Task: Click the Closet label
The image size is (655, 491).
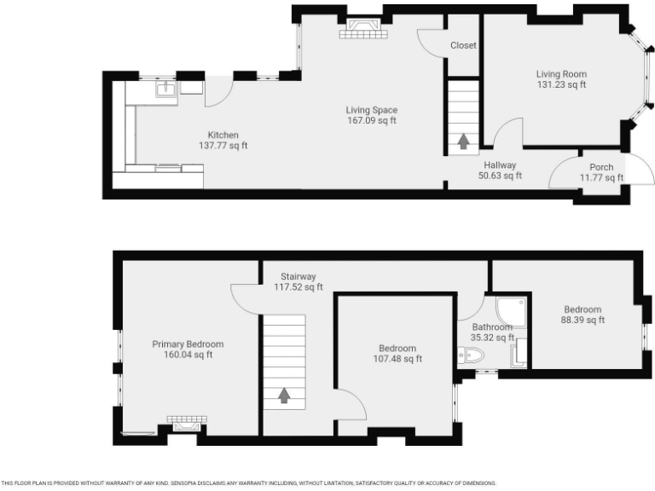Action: click(463, 45)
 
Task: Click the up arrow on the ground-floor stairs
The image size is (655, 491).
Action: click(463, 141)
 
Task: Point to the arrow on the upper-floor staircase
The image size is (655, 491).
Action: click(284, 395)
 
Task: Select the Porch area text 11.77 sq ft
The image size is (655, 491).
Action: click(601, 178)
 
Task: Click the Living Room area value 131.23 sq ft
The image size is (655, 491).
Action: click(561, 85)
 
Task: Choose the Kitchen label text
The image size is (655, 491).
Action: click(223, 135)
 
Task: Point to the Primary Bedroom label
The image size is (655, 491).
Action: click(188, 344)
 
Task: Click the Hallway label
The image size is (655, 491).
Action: click(500, 165)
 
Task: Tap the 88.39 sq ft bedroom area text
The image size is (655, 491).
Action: click(583, 321)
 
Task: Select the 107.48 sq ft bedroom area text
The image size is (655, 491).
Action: click(397, 359)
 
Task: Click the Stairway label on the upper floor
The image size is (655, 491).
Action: click(299, 276)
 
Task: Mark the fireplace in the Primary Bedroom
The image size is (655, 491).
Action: click(187, 422)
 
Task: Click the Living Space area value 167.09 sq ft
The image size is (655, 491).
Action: click(371, 120)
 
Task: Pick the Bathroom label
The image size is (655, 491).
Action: click(492, 327)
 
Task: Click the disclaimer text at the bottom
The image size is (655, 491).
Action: click(247, 482)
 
